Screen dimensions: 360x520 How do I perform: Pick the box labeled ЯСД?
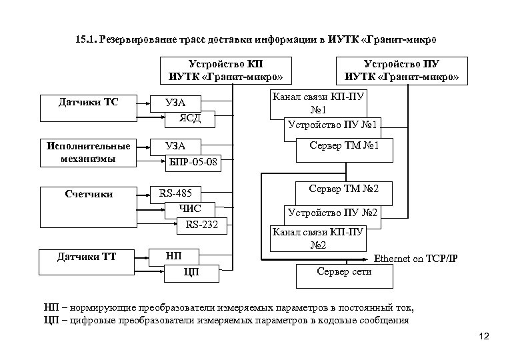pyautogui.click(x=190, y=119)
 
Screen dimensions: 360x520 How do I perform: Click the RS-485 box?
pyautogui.click(x=175, y=194)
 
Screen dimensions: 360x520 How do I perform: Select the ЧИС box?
pyautogui.click(x=191, y=209)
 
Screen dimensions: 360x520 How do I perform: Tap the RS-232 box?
pyautogui.click(x=202, y=224)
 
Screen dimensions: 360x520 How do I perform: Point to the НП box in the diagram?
pyautogui.click(x=173, y=256)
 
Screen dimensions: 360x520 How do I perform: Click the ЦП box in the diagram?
pyautogui.click(x=191, y=271)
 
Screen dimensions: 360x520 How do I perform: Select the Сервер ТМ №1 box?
pyautogui.click(x=344, y=145)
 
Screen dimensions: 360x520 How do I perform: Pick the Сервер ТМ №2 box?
pyautogui.click(x=344, y=189)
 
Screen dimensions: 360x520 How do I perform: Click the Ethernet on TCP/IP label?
pyautogui.click(x=419, y=258)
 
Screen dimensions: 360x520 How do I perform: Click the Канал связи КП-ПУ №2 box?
pyautogui.click(x=317, y=237)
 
